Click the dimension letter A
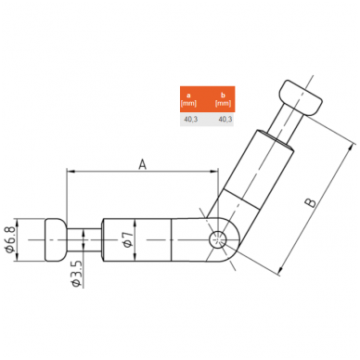142,164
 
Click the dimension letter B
311,202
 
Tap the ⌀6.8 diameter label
9,239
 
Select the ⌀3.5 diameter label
77,274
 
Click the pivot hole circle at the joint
218,240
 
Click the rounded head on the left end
56,240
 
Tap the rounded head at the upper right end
302,98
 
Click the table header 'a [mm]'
188,99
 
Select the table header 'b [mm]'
223,99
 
